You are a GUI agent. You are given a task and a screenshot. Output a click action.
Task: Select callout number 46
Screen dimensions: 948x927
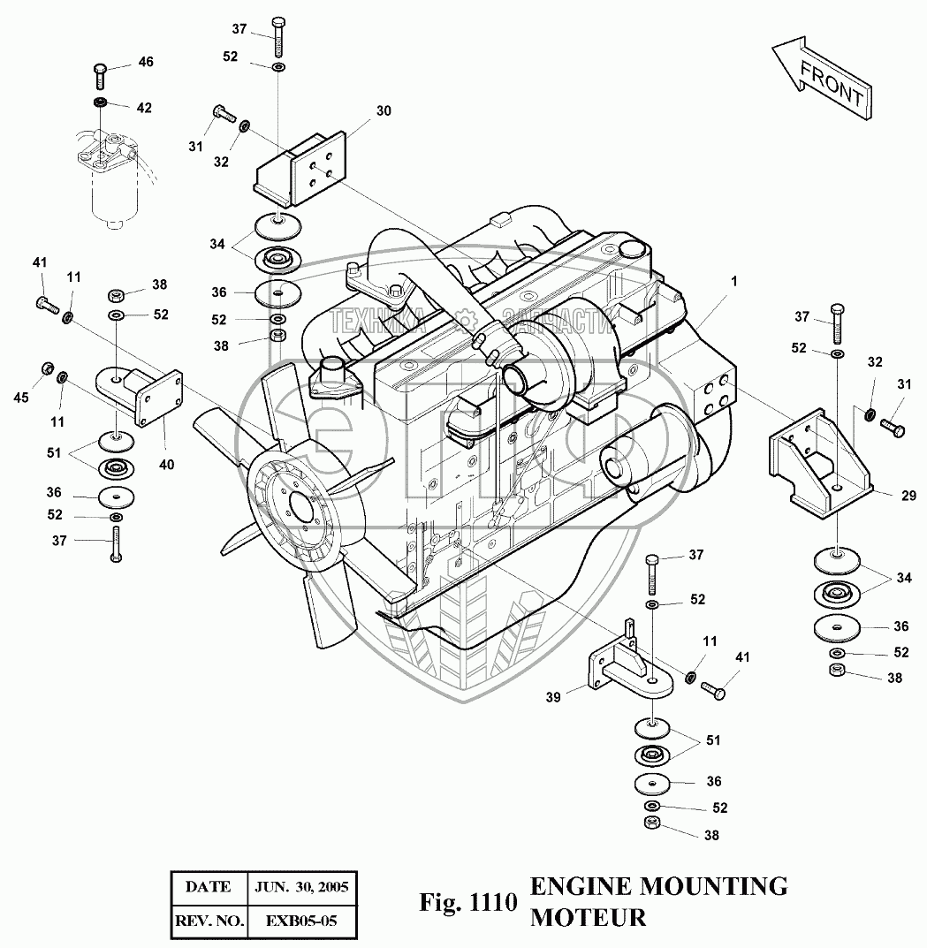(x=145, y=62)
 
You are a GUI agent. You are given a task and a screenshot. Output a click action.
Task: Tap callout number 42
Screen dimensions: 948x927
(x=143, y=108)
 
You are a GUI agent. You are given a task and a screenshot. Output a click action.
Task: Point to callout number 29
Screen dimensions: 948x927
(x=908, y=497)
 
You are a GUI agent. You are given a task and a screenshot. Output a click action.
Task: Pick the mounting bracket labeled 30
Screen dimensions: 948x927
(x=300, y=168)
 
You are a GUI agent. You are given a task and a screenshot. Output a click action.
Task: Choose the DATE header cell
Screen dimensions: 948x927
(x=208, y=886)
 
